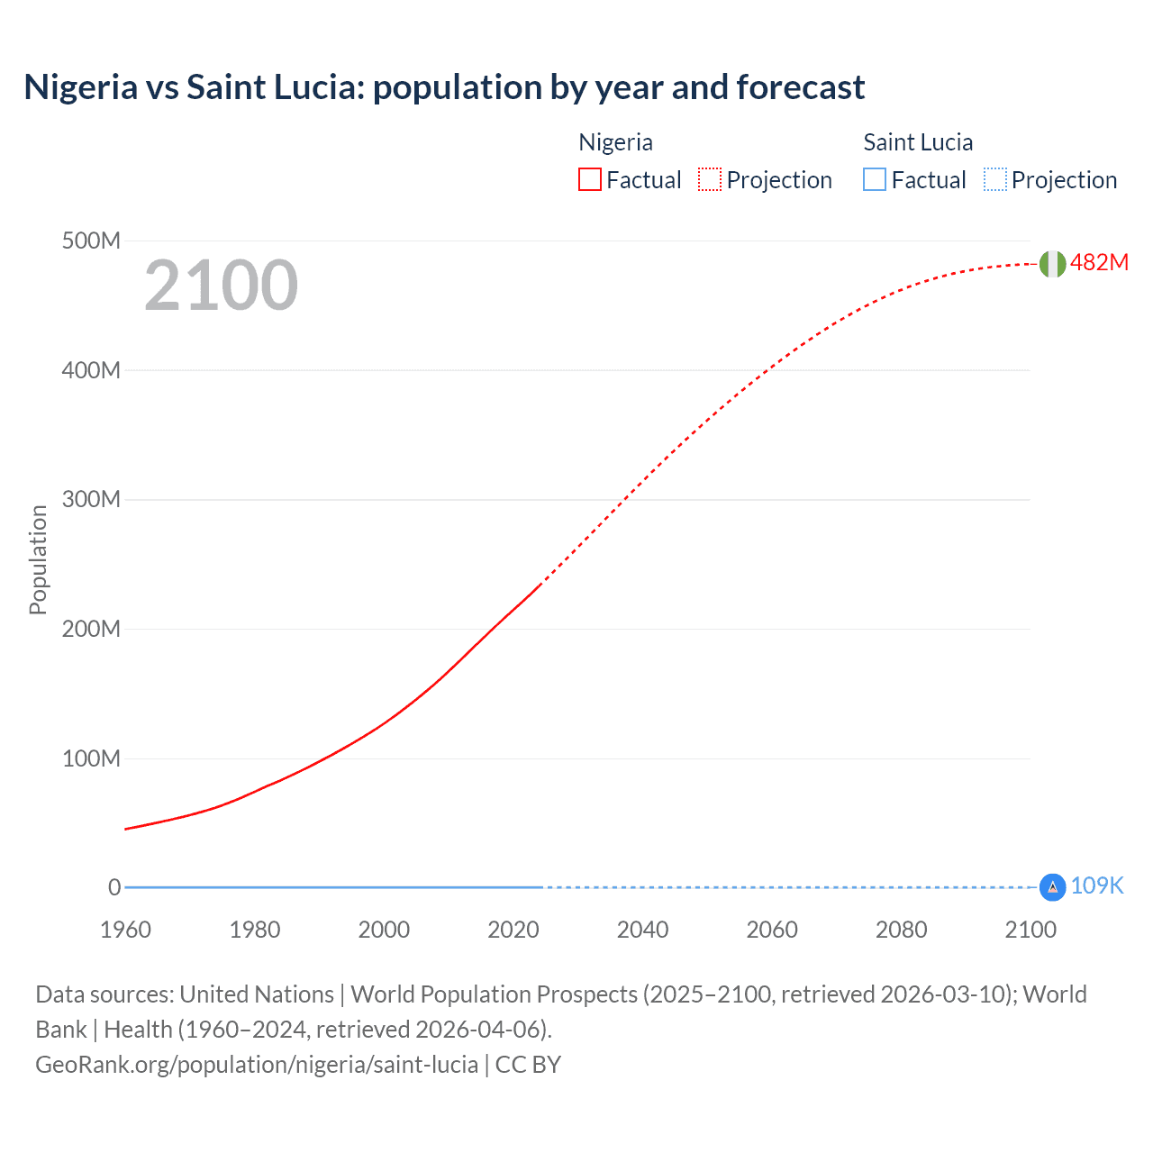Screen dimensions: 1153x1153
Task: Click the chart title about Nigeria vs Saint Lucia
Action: point(444,87)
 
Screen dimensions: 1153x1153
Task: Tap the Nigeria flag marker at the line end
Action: point(1052,263)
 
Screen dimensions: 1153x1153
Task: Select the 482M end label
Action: point(1099,262)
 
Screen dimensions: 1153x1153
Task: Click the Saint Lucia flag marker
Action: point(1052,887)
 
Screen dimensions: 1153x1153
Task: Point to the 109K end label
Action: point(1097,886)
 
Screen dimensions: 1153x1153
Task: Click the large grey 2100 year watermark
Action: point(221,286)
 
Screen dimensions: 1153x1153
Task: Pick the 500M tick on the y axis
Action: point(91,241)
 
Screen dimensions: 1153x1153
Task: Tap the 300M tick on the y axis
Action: point(91,500)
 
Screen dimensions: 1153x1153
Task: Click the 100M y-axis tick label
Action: point(91,758)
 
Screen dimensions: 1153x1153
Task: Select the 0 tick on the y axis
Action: point(114,888)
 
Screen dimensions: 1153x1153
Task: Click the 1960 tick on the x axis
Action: point(125,930)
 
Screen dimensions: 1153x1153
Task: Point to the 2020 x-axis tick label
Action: point(513,930)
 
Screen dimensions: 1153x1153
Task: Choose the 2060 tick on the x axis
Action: point(772,930)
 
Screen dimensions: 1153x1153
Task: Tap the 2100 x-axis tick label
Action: point(1030,930)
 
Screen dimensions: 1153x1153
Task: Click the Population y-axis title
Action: point(38,559)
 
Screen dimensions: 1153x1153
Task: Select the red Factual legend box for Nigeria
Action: point(590,180)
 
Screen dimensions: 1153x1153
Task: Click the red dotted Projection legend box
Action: point(710,180)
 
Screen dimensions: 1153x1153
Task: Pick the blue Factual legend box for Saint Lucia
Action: point(875,180)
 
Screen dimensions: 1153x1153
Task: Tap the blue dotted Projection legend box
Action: point(994,180)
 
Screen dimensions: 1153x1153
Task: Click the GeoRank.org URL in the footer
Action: point(257,1065)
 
